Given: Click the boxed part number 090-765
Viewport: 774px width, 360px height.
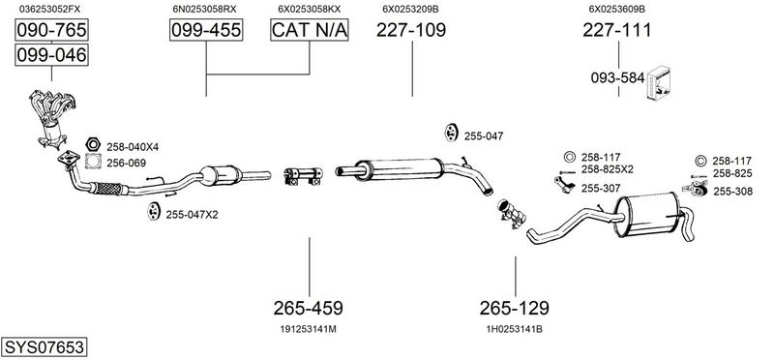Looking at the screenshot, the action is (51, 30).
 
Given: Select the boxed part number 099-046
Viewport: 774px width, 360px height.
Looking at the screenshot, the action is (51, 54).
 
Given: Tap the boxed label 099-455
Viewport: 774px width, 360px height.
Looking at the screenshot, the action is (206, 30).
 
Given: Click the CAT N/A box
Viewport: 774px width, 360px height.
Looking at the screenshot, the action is (310, 30).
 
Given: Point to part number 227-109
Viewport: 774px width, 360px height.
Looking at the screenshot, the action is (411, 30).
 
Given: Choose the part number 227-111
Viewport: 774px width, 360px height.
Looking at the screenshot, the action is (617, 30).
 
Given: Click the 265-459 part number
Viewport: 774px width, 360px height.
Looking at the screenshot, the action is (308, 308).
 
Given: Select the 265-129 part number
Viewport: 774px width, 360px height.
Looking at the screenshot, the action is (515, 308).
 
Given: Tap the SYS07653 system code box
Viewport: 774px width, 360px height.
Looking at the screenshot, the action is (44, 346).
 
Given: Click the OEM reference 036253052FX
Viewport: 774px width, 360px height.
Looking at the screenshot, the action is (50, 9).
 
